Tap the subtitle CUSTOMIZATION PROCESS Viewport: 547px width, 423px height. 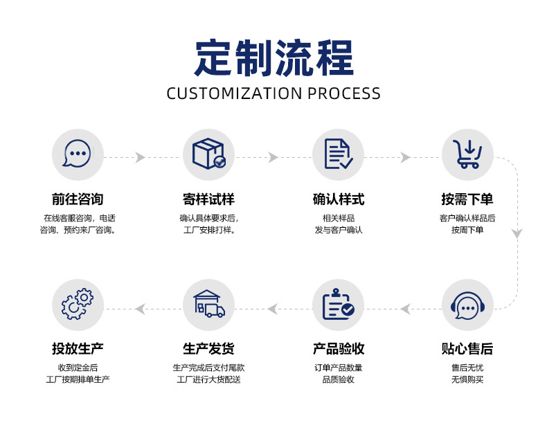pos(273,93)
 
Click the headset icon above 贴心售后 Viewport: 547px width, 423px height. pos(467,305)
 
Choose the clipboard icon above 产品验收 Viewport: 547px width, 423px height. pos(338,305)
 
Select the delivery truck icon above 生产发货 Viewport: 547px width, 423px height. pos(208,305)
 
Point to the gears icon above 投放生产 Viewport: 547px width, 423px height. pos(78,305)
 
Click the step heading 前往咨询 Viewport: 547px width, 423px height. pos(78,199)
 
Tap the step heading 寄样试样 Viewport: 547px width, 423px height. pos(208,199)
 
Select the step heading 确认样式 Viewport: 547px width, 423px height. pos(338,199)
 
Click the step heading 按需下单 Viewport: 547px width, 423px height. pos(467,199)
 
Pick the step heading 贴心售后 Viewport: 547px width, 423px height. pos(467,348)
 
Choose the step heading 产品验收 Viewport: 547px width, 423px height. pos(338,348)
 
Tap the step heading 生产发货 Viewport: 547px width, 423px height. pos(208,348)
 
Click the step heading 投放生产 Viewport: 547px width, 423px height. pos(78,348)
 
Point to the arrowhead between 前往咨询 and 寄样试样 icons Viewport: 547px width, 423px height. pos(141,158)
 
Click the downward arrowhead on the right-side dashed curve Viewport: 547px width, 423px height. pos(517,234)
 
